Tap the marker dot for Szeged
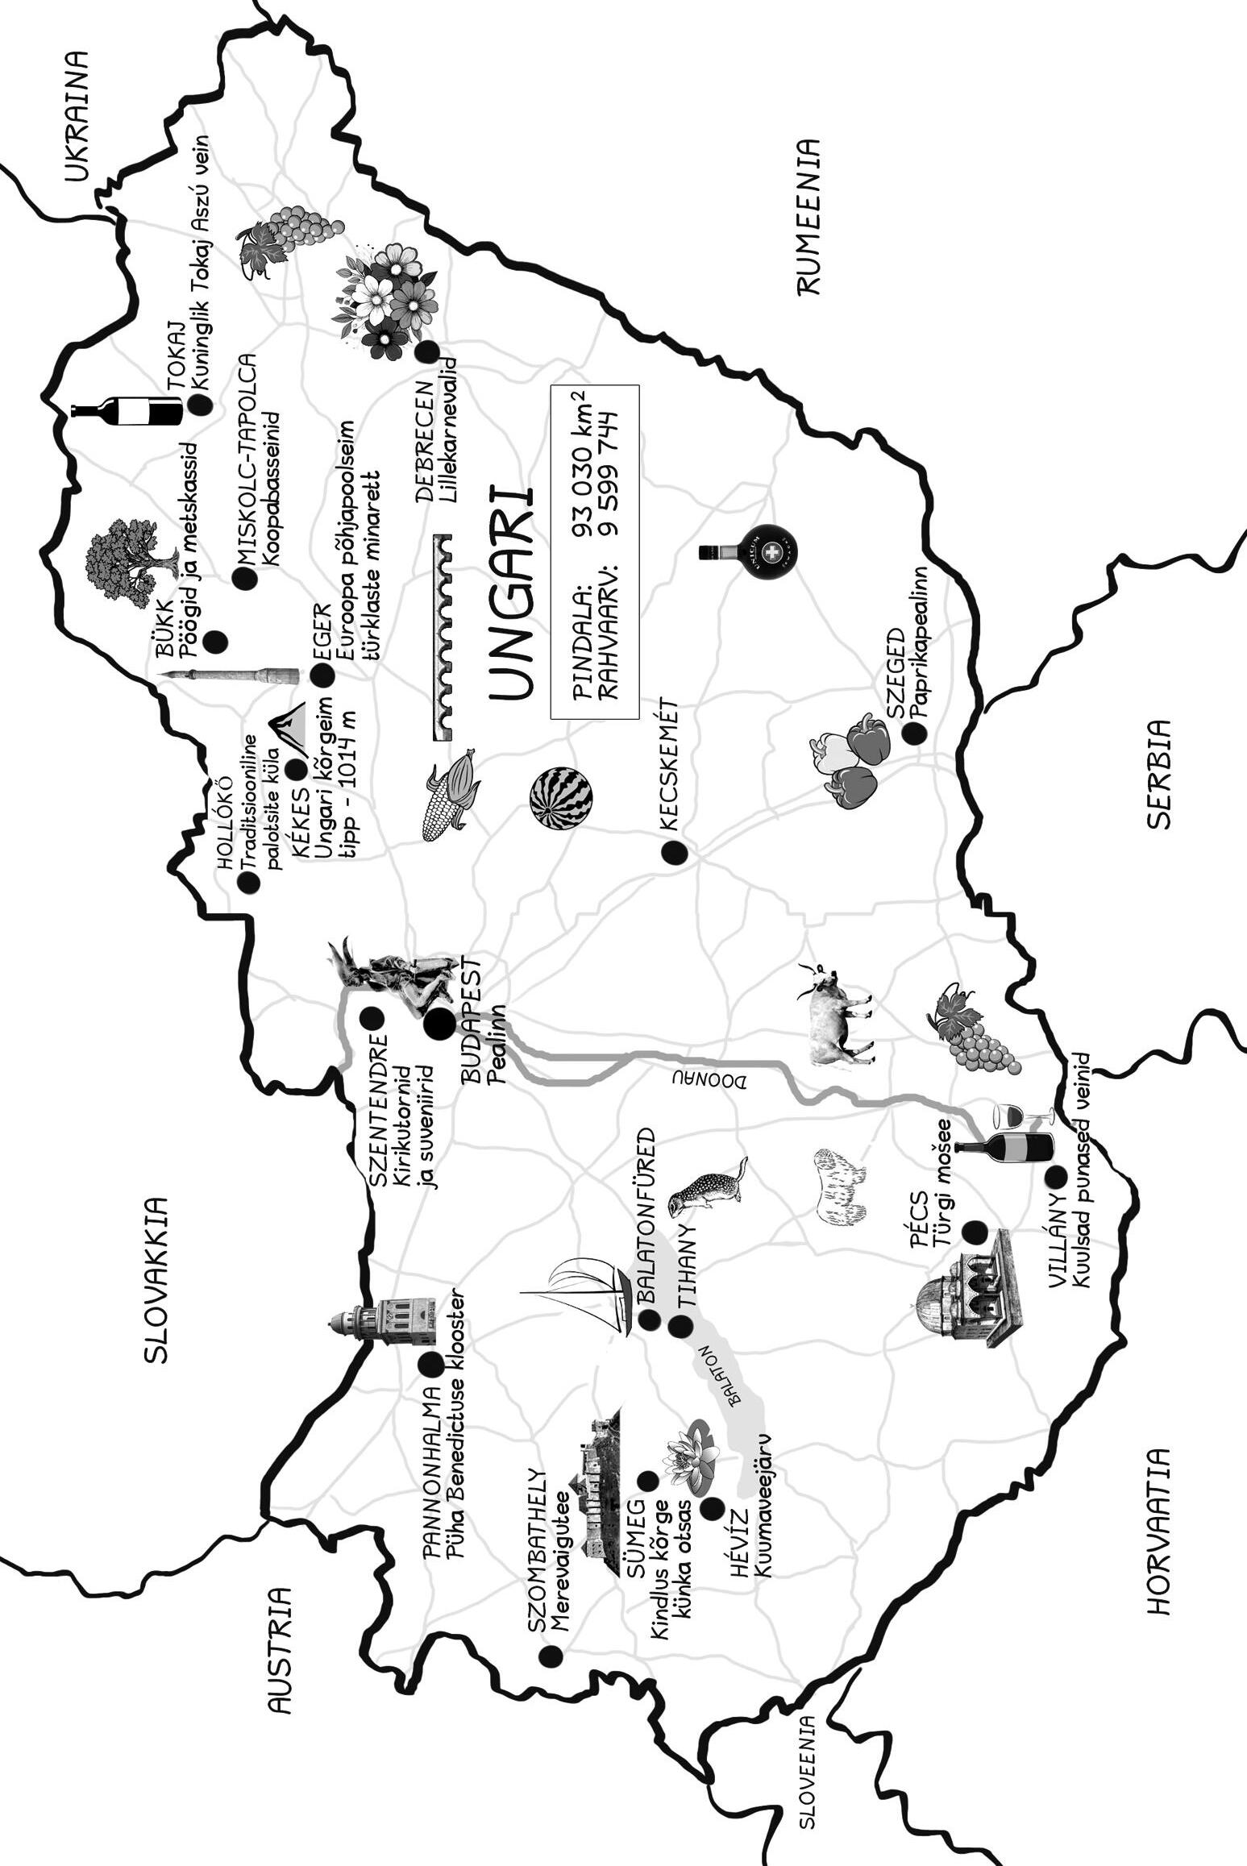[913, 733]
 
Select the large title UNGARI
[513, 593]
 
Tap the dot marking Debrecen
[426, 351]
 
